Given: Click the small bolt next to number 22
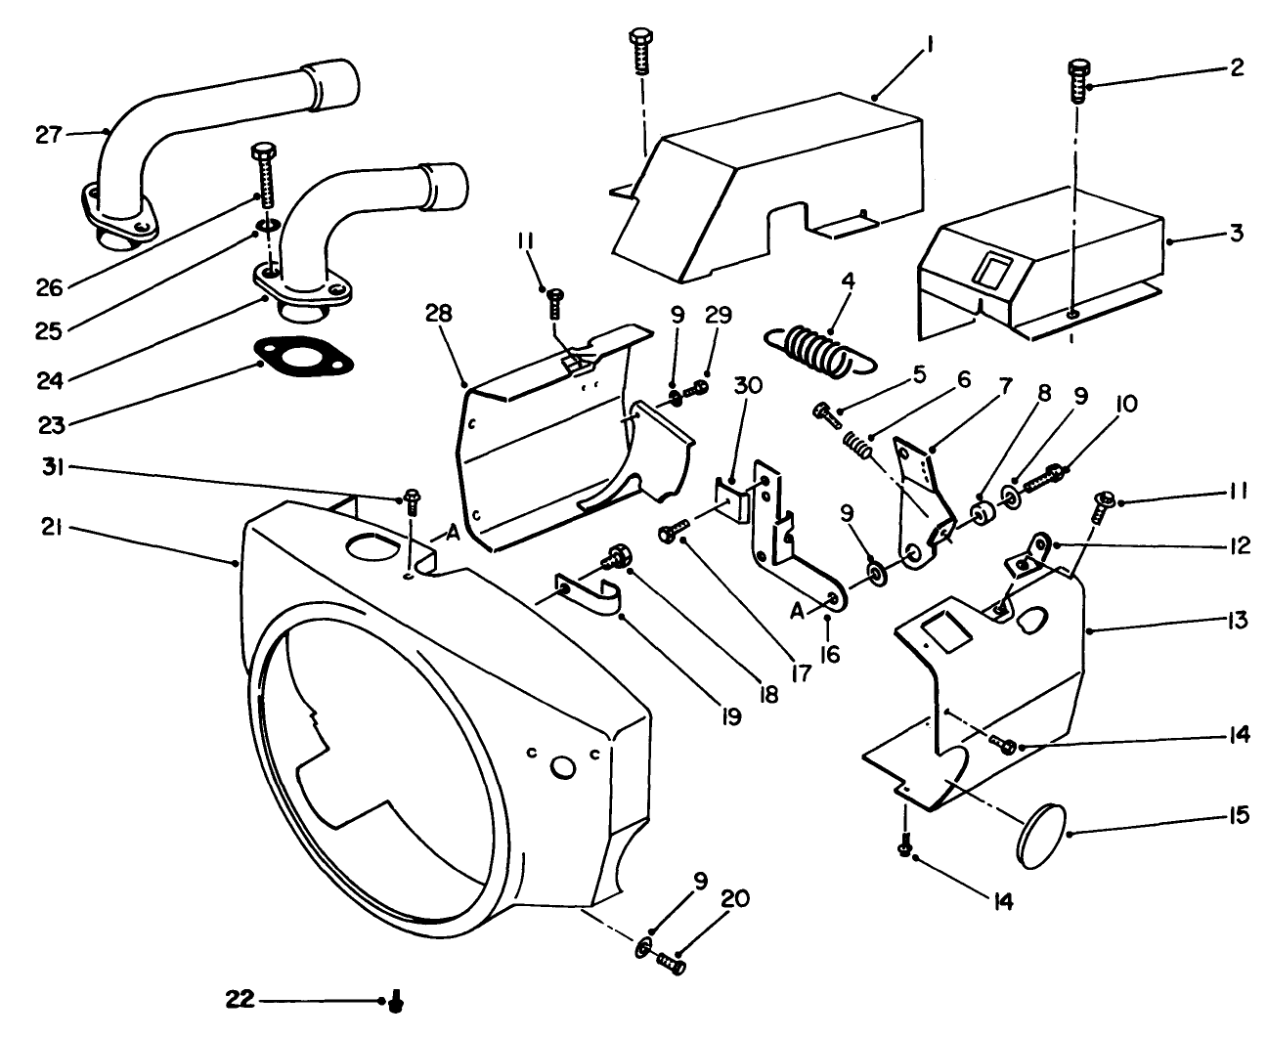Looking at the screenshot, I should pyautogui.click(x=396, y=1002).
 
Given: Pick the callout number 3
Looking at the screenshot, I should pyautogui.click(x=1238, y=234).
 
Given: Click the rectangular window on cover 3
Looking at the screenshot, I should pyautogui.click(x=995, y=269).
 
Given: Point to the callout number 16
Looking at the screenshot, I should pyautogui.click(x=829, y=654).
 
